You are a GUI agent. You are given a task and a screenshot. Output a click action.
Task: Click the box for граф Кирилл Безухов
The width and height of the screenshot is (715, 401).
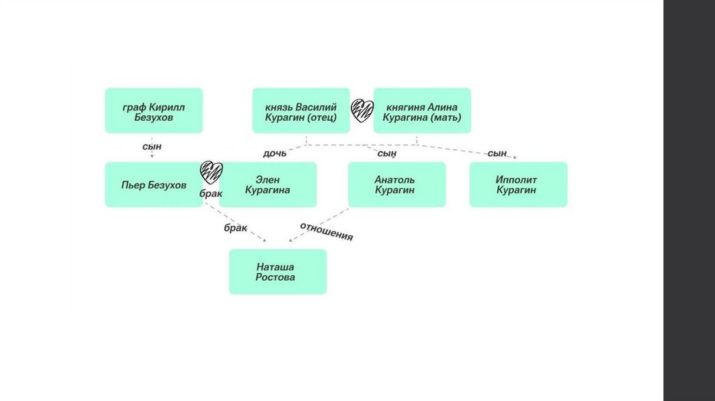[x=154, y=110]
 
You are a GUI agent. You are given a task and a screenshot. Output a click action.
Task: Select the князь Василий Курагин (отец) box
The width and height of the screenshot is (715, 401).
[x=301, y=110]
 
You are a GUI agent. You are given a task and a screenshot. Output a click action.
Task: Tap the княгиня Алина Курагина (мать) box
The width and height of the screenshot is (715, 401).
[x=422, y=110]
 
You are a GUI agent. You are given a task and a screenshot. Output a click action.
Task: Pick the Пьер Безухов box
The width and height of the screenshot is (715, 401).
[x=154, y=184]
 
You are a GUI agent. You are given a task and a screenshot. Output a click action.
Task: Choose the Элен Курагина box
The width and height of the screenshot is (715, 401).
[x=268, y=184]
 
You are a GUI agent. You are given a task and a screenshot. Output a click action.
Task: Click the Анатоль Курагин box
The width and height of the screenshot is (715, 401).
[x=397, y=184]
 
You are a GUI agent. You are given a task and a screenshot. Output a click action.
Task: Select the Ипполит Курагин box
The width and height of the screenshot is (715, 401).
[x=518, y=184]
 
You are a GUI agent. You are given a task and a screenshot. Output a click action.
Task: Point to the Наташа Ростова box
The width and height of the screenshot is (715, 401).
[x=277, y=272]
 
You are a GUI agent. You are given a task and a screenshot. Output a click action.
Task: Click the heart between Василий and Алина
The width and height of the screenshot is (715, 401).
[x=362, y=110]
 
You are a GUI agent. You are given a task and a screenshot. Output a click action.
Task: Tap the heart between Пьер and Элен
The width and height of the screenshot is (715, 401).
[x=211, y=171]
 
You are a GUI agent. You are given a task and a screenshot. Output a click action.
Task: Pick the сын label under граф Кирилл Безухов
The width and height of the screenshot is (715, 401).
[x=152, y=146]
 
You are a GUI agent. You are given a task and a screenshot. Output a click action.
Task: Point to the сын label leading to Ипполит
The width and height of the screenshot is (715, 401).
[x=497, y=153]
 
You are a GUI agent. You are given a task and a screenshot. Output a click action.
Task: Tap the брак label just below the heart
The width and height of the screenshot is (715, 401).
[x=210, y=194]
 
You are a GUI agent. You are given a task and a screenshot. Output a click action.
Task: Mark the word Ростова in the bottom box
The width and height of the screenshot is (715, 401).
[x=277, y=277]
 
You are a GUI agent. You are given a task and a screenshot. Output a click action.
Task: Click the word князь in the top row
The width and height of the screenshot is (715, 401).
[x=279, y=107]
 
